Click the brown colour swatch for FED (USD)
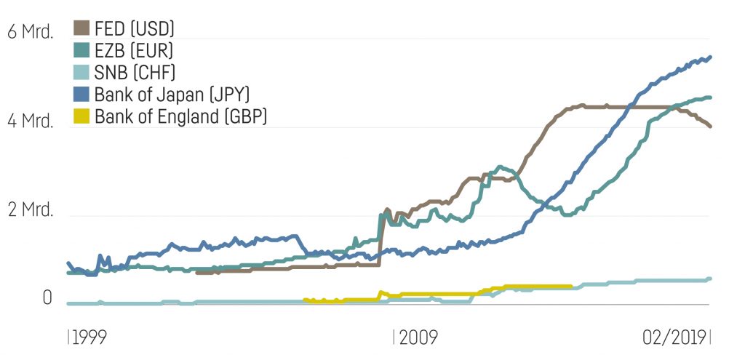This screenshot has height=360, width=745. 82,29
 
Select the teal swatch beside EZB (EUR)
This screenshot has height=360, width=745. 82,51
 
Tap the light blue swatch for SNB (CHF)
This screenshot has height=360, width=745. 82,72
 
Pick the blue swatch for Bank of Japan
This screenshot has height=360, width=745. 82,94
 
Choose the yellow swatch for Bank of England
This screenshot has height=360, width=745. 82,116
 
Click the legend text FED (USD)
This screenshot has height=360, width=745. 135,29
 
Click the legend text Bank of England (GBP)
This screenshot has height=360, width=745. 181,116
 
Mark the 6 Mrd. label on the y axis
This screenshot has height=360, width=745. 30,33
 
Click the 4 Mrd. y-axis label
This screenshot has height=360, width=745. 30,121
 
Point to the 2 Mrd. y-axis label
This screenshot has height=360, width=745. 30,210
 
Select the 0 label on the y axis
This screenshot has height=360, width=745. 47,299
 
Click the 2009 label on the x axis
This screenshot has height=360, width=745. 417,337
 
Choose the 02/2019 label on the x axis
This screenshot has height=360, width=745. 674,337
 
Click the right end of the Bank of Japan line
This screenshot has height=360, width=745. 710,57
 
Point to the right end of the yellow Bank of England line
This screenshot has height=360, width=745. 570,287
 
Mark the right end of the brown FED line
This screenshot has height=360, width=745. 710,127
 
